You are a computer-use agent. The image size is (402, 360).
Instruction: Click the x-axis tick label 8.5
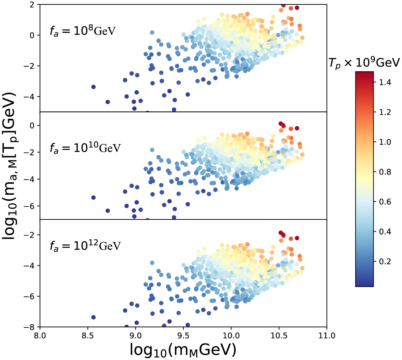click(x=87, y=336)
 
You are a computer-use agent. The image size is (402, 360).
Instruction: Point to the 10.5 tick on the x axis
click(x=279, y=336)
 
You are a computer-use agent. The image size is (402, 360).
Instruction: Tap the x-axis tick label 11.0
click(x=327, y=336)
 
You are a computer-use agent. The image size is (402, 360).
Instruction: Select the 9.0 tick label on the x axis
click(x=135, y=336)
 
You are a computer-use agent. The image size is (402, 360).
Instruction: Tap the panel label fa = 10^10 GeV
click(x=85, y=148)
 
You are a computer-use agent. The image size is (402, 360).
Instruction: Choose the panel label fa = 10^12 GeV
click(x=85, y=246)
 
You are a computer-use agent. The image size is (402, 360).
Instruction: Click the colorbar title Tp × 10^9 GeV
click(x=364, y=63)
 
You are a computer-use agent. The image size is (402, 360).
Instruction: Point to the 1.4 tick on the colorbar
click(x=385, y=82)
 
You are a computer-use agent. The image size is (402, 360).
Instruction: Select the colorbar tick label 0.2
click(x=385, y=262)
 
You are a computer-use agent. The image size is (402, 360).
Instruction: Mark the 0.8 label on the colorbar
click(x=385, y=172)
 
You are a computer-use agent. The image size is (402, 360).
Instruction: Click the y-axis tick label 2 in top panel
click(x=32, y=5)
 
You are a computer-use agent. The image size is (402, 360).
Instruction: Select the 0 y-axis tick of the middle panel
click(x=32, y=126)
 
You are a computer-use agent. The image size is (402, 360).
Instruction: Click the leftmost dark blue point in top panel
click(x=93, y=87)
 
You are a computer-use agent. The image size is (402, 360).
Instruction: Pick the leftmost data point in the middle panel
click(x=93, y=197)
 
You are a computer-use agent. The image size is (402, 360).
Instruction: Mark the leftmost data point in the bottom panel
click(x=93, y=317)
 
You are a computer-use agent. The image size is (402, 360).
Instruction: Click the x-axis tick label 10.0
click(x=231, y=336)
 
